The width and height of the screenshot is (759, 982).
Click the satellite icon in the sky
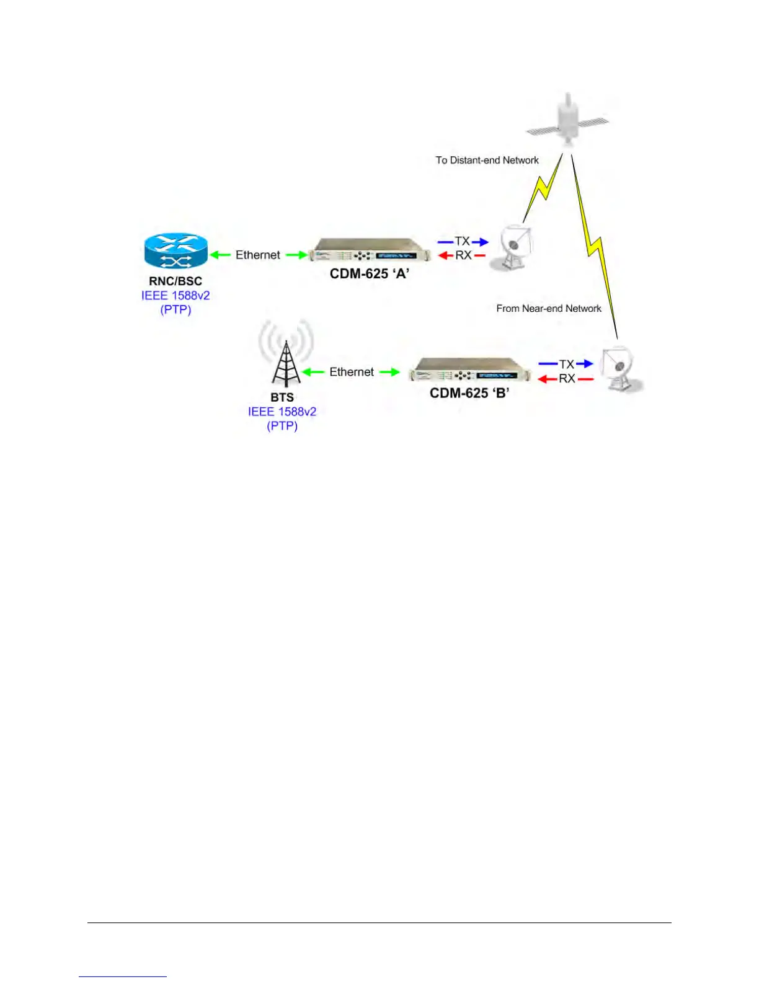click(567, 121)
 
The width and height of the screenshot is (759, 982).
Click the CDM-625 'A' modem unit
click(370, 254)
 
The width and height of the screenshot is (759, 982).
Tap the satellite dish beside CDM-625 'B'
click(621, 368)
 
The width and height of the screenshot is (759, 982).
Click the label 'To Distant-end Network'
click(487, 160)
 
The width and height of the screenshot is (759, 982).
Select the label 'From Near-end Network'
click(549, 308)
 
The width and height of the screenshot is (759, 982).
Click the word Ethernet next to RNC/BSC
click(258, 255)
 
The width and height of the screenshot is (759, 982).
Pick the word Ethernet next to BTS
click(352, 372)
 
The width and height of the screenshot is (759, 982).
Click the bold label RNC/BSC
click(175, 281)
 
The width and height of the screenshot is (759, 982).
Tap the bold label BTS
click(282, 397)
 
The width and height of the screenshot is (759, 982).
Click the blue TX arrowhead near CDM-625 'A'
click(482, 242)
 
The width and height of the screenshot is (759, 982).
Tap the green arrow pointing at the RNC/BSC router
click(217, 255)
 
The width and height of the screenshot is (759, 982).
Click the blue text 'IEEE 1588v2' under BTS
click(282, 412)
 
